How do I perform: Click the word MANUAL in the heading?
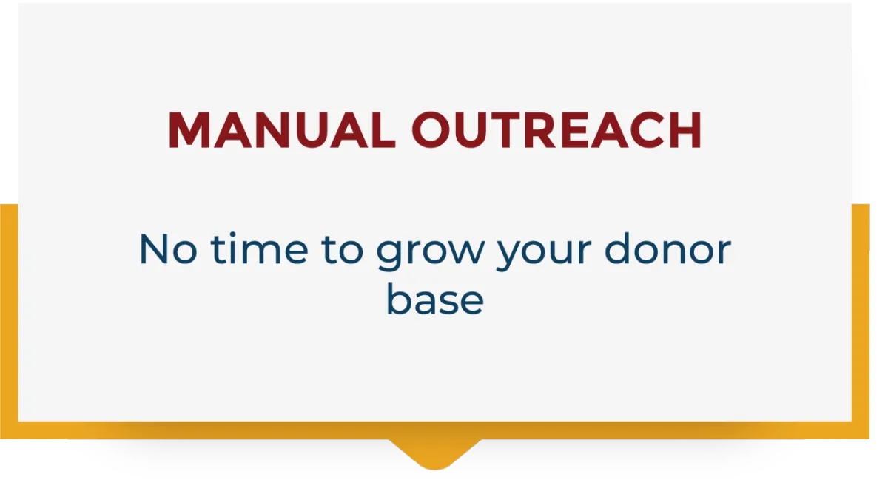[x=282, y=130]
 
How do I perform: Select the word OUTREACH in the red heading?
[x=556, y=130]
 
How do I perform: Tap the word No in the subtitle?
[x=168, y=249]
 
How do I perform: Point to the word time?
[x=259, y=248]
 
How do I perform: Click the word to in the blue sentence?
[x=342, y=249]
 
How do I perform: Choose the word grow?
[x=431, y=252]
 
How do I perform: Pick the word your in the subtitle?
[x=545, y=252]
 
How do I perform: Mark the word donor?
[x=667, y=248]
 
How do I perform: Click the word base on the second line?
[x=435, y=299]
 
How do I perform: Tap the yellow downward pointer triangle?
[x=435, y=454]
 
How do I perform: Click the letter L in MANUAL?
[x=383, y=130]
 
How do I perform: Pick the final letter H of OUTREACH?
[x=685, y=130]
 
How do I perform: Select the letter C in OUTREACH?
[x=647, y=130]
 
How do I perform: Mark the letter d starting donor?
[x=619, y=248]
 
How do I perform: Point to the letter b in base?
[x=401, y=299]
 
